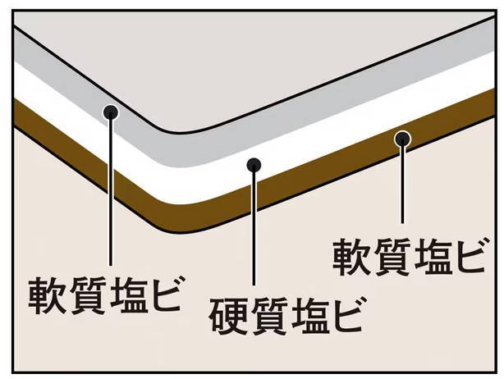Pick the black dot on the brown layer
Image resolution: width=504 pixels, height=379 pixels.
pos(401,139)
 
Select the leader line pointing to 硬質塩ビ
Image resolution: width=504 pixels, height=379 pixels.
pos(254,238)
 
